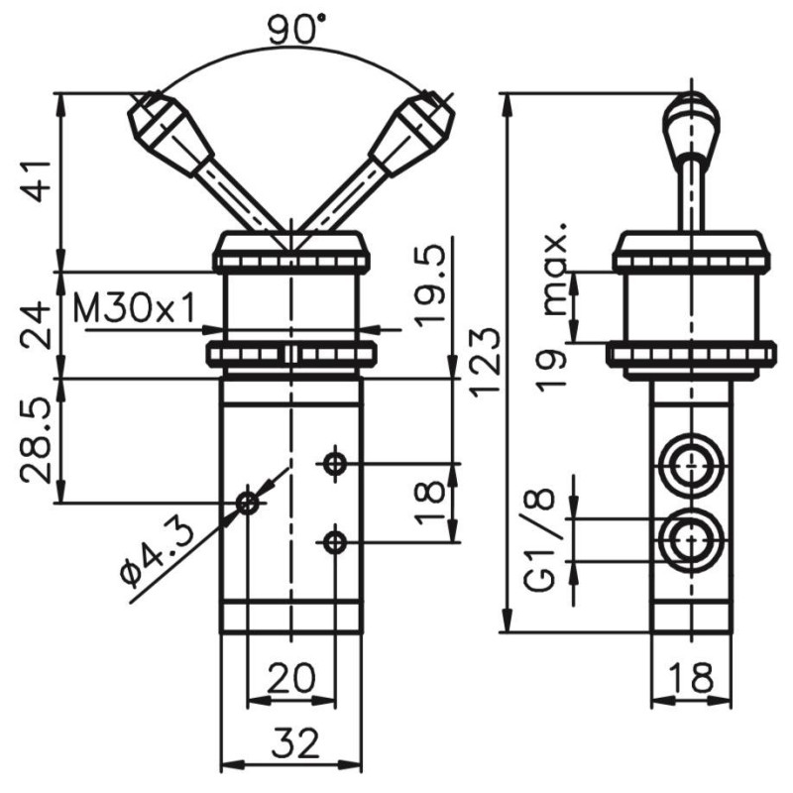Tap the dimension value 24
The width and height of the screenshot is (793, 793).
click(x=38, y=323)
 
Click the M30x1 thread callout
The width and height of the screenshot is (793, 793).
click(x=135, y=310)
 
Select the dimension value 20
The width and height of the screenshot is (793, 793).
click(x=291, y=678)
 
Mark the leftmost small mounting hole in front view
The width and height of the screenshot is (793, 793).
click(x=248, y=504)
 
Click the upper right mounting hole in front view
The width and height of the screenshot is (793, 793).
click(x=336, y=462)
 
